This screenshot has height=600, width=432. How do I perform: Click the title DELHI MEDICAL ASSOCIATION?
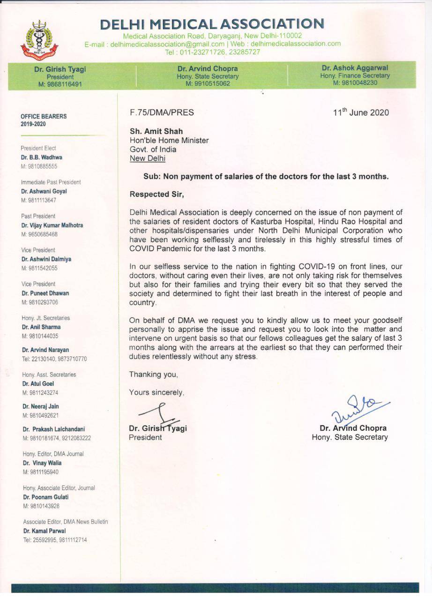tap(212, 24)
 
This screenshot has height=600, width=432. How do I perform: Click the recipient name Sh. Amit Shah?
tap(156, 132)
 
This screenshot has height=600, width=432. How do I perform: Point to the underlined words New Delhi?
tap(147, 158)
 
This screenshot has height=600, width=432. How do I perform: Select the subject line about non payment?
tap(266, 177)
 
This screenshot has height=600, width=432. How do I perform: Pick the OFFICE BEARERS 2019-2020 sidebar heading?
tap(44, 120)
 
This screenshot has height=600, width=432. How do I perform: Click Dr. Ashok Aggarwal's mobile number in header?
tap(355, 83)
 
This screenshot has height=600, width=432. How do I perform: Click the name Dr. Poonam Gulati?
tap(46, 497)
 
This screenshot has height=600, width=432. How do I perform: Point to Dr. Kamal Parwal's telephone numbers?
tap(55, 540)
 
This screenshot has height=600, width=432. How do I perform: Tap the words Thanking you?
tap(153, 375)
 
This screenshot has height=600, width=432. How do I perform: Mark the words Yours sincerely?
tap(156, 393)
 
